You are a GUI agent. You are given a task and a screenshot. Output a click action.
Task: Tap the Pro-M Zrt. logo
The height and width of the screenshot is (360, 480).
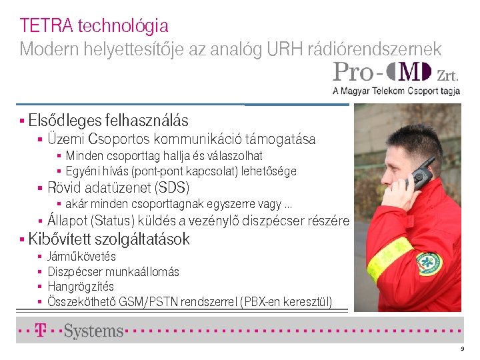(x=396, y=77)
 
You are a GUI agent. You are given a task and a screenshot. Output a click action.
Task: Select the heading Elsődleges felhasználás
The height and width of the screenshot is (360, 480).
(x=108, y=121)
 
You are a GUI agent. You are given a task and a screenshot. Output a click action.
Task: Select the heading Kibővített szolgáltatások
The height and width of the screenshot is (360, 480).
(x=109, y=239)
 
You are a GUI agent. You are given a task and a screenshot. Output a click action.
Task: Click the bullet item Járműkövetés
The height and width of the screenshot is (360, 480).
(x=81, y=257)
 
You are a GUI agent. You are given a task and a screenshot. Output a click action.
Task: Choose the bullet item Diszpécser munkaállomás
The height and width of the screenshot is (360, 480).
(x=113, y=272)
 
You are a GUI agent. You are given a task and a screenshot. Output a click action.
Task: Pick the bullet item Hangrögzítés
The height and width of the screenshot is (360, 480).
(x=81, y=287)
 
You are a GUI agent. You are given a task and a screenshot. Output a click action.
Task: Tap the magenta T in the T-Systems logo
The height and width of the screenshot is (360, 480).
(x=41, y=330)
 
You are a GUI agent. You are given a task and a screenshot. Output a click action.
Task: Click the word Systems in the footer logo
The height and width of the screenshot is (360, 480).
(x=93, y=331)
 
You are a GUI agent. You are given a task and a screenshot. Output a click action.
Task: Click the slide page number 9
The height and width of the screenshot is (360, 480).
(x=461, y=350)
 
